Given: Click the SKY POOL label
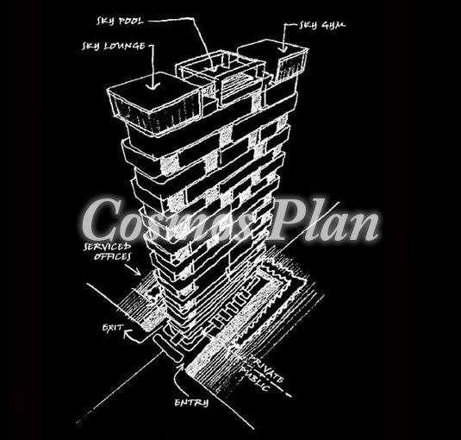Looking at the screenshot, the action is [x=120, y=22].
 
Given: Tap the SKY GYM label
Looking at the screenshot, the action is [x=322, y=25].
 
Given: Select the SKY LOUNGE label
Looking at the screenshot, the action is [x=114, y=47].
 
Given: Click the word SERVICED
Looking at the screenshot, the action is [x=108, y=247].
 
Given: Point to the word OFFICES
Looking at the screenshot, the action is [x=112, y=256].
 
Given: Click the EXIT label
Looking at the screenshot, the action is [x=113, y=328].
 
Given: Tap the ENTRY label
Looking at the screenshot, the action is [x=191, y=403].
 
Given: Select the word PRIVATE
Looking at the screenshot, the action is [x=267, y=369].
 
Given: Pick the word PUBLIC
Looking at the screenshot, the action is [x=254, y=379].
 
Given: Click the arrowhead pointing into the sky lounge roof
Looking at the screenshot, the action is [x=153, y=85].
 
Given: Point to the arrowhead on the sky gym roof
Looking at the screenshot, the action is [x=283, y=49].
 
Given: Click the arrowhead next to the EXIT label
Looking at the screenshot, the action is [x=128, y=333].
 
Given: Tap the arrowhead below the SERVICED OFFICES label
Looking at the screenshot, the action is [x=138, y=272].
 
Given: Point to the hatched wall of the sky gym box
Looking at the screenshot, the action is [x=291, y=67].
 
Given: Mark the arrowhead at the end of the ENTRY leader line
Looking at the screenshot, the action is [x=181, y=367].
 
